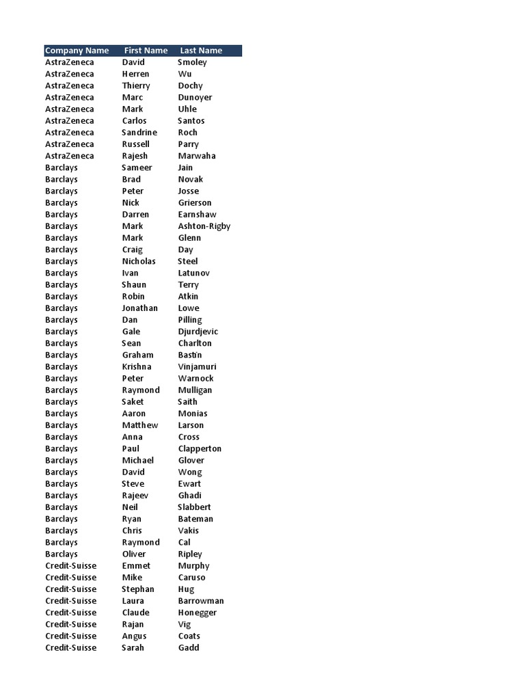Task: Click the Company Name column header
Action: click(77, 51)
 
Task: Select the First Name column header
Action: click(146, 51)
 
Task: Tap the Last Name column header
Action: click(201, 51)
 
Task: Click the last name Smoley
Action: click(192, 62)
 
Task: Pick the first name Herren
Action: click(135, 74)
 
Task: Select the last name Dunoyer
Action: click(195, 97)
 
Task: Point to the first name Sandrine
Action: click(139, 133)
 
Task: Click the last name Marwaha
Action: click(197, 156)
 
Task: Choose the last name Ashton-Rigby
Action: click(204, 226)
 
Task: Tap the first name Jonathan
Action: click(139, 308)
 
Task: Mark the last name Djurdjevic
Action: click(198, 332)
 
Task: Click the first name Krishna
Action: click(137, 366)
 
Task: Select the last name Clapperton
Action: click(200, 448)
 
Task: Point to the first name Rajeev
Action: click(135, 496)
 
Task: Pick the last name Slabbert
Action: click(195, 507)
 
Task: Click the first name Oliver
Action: click(134, 554)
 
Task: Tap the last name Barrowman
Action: click(201, 601)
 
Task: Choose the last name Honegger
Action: click(198, 612)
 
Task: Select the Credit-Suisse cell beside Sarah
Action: click(71, 647)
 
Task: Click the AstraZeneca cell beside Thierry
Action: click(70, 85)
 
